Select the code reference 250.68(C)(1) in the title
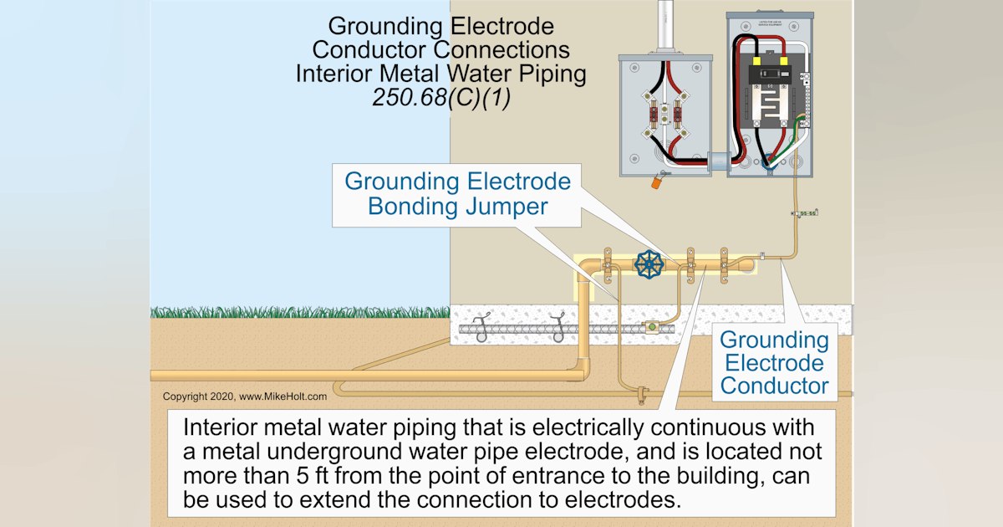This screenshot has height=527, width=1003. pyautogui.click(x=440, y=98)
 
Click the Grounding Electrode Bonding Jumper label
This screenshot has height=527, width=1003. pyautogui.click(x=457, y=193)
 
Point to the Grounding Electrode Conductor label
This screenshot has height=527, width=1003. pyautogui.click(x=774, y=363)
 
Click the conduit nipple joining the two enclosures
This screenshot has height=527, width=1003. pyautogui.click(x=717, y=159)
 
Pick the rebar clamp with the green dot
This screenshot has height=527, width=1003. pyautogui.click(x=651, y=328)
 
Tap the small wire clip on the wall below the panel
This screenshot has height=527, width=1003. pyautogui.click(x=806, y=214)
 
